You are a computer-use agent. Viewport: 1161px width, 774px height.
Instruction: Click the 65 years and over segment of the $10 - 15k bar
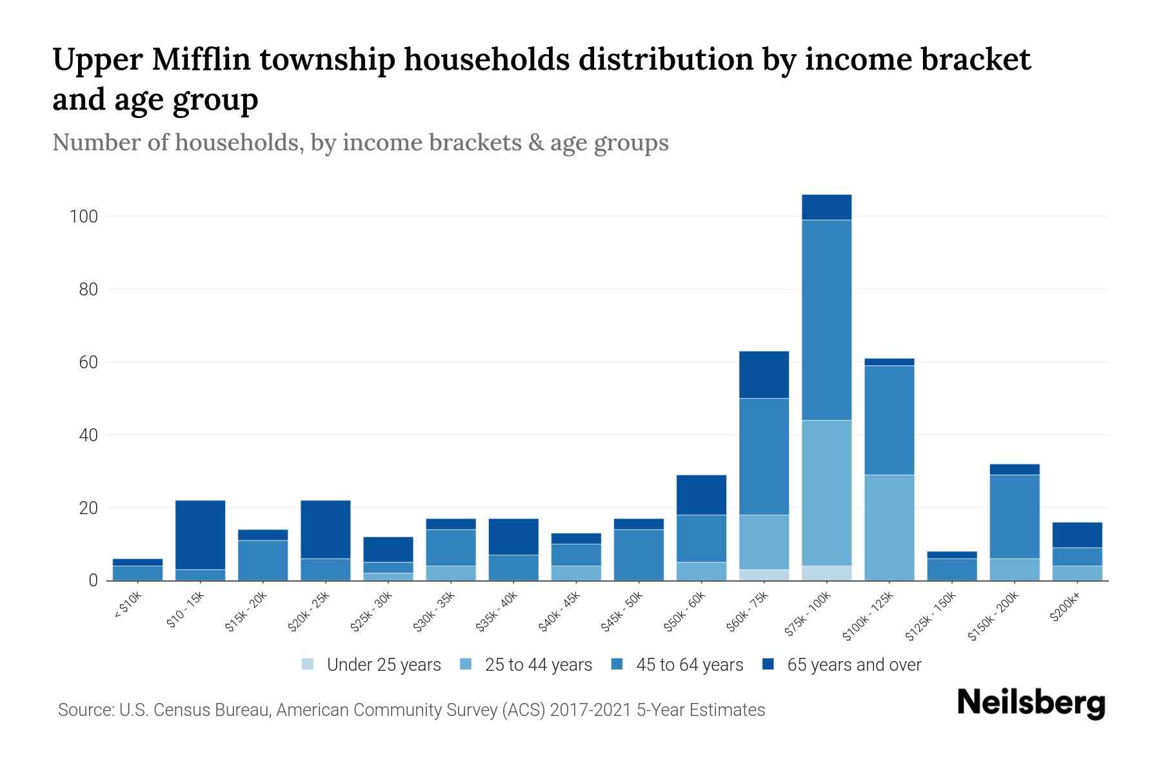(x=200, y=535)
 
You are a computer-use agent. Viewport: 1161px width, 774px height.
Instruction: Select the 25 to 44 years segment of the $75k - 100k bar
(x=826, y=493)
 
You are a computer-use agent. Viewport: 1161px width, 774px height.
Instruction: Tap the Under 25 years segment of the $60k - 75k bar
(x=764, y=575)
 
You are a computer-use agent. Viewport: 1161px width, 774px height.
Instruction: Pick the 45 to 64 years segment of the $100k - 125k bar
(x=889, y=420)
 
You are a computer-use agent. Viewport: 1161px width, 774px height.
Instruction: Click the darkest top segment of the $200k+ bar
(x=1077, y=535)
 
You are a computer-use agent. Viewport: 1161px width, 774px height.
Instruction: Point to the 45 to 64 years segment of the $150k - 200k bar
(x=1015, y=517)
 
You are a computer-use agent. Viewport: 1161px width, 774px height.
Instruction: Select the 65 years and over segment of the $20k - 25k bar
(x=325, y=529)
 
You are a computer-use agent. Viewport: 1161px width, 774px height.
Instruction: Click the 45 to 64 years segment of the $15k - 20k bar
(x=263, y=560)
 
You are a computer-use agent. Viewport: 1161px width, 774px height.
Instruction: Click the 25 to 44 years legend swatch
(x=466, y=664)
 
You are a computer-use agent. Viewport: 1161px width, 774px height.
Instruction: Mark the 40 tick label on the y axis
(x=88, y=435)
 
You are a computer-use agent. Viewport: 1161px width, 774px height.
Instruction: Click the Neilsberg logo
(x=1031, y=703)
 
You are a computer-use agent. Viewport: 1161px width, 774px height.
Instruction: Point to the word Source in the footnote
(x=85, y=710)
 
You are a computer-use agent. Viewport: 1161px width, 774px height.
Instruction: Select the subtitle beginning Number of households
(x=360, y=143)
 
